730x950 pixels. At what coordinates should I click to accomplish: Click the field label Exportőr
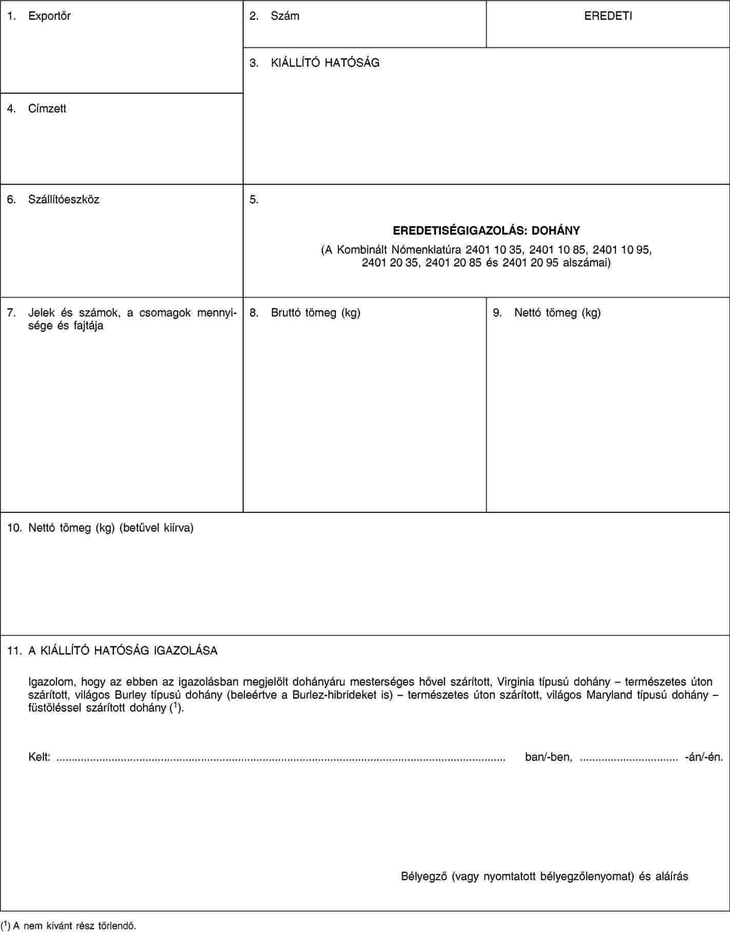[49, 16]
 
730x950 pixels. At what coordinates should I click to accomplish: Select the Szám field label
[285, 16]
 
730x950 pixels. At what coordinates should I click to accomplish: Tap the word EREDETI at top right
[608, 16]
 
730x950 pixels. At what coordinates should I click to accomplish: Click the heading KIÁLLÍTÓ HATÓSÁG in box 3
[325, 63]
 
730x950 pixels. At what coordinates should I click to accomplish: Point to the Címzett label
[47, 108]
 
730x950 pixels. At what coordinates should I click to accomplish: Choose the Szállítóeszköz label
[64, 199]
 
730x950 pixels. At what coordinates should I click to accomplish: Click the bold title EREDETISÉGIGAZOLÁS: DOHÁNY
[486, 230]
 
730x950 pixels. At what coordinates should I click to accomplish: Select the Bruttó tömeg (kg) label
[315, 313]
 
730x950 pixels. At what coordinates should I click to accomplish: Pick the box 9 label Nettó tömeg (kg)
[558, 313]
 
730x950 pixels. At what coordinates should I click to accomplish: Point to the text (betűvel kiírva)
[156, 528]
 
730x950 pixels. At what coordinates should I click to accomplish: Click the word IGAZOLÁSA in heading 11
[185, 651]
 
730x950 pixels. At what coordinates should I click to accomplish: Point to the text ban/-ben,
[548, 757]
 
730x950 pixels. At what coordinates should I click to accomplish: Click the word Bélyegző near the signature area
[424, 876]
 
